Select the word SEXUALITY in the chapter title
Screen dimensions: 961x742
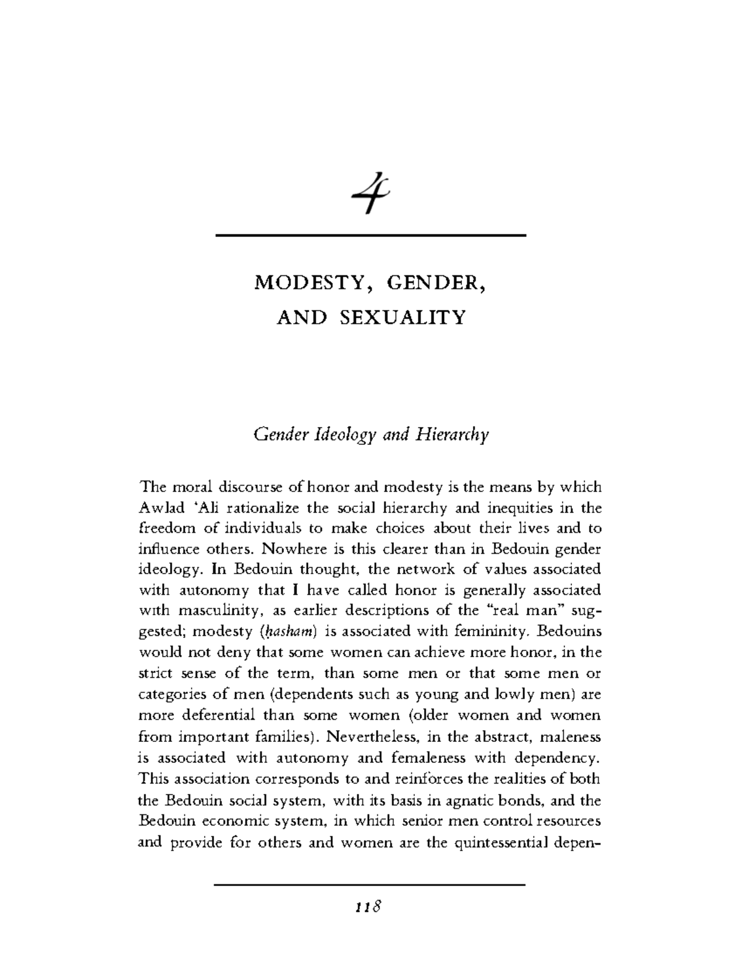401,317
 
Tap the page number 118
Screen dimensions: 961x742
369,907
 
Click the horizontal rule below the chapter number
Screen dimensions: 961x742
369,236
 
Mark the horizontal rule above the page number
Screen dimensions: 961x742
369,885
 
